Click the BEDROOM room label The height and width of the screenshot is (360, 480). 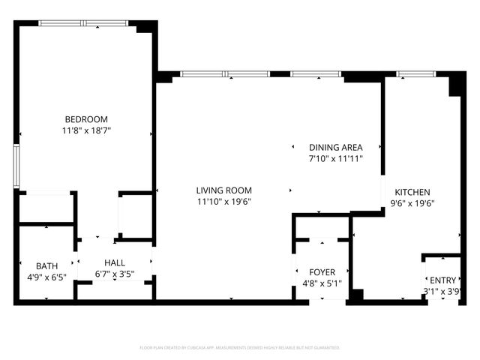86,119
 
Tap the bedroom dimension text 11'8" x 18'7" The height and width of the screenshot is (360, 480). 86,130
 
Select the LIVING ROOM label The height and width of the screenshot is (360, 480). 224,190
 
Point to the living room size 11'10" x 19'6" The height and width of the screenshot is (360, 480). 224,202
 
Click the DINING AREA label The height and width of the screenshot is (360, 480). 336,148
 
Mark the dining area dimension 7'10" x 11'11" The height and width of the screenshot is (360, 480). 336,159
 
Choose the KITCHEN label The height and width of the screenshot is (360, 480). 412,192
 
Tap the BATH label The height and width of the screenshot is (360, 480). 46,266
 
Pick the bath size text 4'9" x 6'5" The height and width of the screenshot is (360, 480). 46,277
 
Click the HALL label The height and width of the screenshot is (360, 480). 115,262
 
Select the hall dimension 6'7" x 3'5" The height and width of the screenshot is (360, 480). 115,274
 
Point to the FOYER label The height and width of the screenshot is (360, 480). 322,272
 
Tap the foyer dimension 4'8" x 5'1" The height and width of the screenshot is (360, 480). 322,283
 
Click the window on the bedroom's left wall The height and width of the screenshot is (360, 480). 16,166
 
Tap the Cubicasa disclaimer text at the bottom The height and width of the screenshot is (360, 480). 240,348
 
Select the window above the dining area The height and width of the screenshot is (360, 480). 316,74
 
